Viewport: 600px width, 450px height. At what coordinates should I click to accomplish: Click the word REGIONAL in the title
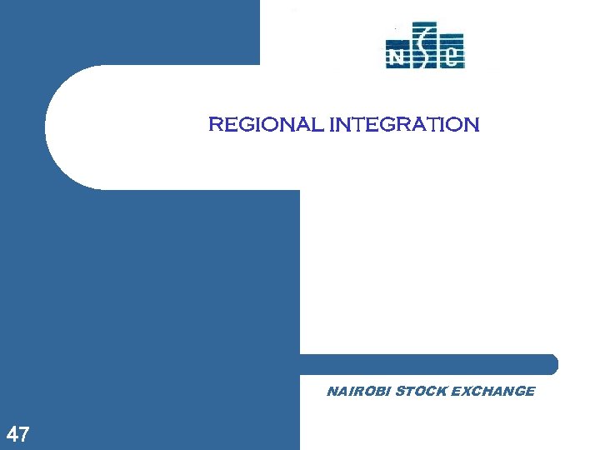pyautogui.click(x=267, y=125)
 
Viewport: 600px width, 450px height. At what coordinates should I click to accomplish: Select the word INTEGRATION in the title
pyautogui.click(x=404, y=125)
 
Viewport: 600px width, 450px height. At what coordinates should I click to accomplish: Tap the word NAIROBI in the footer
pyautogui.click(x=358, y=391)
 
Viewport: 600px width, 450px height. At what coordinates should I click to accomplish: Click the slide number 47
pyautogui.click(x=18, y=434)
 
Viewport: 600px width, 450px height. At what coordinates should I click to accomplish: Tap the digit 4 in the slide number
pyautogui.click(x=12, y=434)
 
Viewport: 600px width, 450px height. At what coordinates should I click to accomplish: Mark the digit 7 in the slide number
pyautogui.click(x=24, y=434)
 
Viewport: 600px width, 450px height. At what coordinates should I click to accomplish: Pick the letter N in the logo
pyautogui.click(x=396, y=56)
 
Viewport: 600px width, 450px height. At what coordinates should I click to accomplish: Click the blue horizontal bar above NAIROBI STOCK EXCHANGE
pyautogui.click(x=425, y=364)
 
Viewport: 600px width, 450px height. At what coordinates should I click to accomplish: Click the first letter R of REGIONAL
pyautogui.click(x=215, y=125)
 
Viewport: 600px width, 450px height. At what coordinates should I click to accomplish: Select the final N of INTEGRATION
pyautogui.click(x=472, y=125)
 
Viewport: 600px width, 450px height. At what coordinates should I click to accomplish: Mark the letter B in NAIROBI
pyautogui.click(x=377, y=391)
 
